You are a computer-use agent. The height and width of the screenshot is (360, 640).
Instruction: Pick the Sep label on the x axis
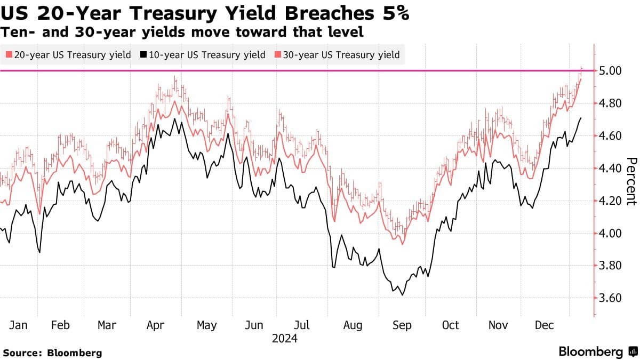click(401, 325)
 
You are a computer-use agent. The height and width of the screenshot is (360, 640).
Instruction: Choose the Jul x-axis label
click(303, 325)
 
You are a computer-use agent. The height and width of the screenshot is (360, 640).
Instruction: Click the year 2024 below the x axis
click(284, 339)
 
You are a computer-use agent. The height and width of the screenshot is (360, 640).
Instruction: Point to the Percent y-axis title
click(631, 181)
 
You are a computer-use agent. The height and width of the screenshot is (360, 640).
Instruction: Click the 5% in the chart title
click(395, 13)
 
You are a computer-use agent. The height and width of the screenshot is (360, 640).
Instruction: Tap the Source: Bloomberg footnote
click(52, 353)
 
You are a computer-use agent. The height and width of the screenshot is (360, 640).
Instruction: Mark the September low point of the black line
click(402, 295)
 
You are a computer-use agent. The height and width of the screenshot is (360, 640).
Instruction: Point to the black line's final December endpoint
click(581, 118)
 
